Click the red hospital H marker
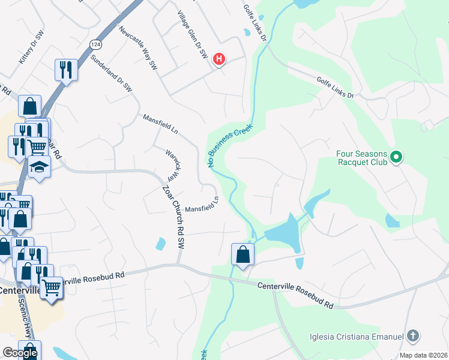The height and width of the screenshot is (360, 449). [x=220, y=59]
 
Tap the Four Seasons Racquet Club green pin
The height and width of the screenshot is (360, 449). [x=396, y=158]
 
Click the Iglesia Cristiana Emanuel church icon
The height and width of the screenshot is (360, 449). [x=412, y=336]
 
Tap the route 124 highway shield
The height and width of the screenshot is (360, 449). [x=95, y=45]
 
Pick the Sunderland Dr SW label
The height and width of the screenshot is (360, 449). [x=111, y=73]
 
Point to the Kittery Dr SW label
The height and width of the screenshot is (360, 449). [x=32, y=49]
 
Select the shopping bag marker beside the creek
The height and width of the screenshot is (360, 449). [x=243, y=254]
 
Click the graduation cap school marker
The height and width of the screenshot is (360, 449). [x=39, y=166]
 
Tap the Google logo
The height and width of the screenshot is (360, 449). [x=20, y=353]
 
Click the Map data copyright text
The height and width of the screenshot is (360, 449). [x=423, y=355]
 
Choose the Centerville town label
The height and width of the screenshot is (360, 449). [x=19, y=290]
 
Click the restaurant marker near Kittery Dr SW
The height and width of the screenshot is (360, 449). [x=65, y=70]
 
